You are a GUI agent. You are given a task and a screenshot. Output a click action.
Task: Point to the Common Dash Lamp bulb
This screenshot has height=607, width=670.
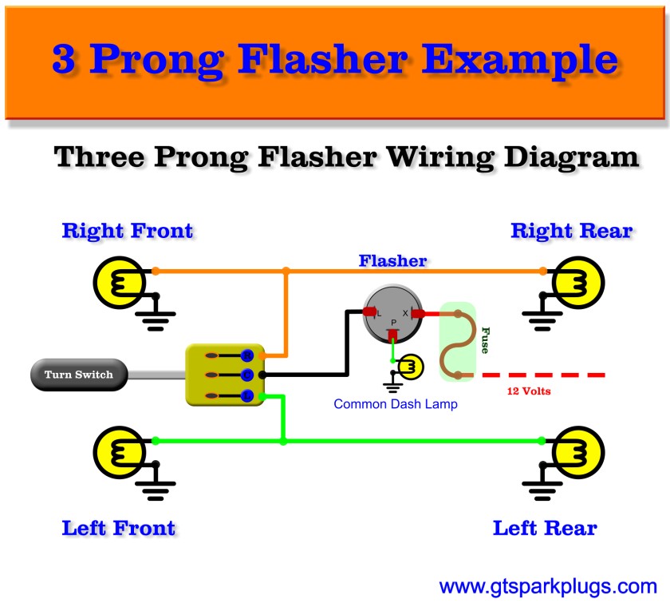click(411, 367)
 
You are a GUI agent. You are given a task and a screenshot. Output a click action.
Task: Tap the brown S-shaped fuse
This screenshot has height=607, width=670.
click(459, 344)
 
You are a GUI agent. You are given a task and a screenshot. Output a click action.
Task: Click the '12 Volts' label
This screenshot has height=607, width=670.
click(529, 391)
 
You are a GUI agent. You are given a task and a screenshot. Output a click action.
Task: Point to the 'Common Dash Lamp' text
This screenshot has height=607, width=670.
click(396, 404)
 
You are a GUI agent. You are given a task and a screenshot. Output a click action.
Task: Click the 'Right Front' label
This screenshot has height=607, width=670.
click(128, 232)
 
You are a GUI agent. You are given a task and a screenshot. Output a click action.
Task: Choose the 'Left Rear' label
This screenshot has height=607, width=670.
click(545, 528)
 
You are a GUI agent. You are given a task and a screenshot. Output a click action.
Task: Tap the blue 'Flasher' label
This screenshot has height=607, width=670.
click(392, 260)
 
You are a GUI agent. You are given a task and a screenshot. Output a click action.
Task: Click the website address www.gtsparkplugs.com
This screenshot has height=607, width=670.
click(548, 587)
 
